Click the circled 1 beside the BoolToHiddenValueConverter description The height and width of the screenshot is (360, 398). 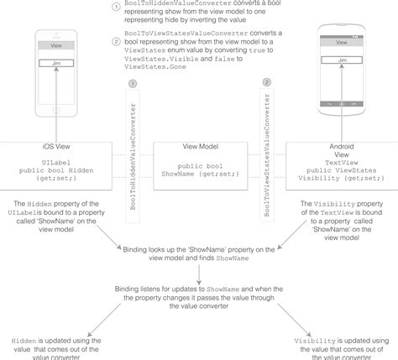(116, 7)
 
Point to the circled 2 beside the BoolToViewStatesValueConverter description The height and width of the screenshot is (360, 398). (116, 40)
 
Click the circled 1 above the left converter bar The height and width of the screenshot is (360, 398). (133, 84)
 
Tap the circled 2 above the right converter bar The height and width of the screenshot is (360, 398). (267, 82)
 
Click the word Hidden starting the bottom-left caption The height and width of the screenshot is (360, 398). (24, 341)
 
